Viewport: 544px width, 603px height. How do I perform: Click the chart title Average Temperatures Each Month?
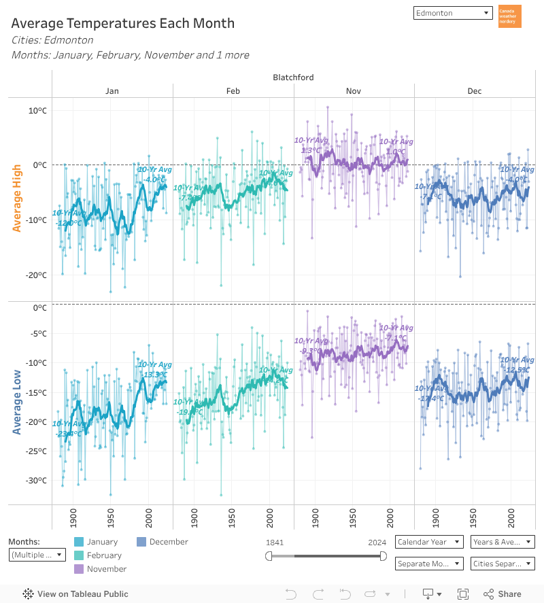pos(123,23)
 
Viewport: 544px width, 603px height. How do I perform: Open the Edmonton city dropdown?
pos(452,13)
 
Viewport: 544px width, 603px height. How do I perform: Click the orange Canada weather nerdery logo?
pos(509,16)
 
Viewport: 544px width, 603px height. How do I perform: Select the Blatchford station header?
pos(293,77)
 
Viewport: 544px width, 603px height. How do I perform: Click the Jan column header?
pos(112,90)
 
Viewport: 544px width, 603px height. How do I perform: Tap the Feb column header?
pos(233,90)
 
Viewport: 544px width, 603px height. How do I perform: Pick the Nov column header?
pos(354,90)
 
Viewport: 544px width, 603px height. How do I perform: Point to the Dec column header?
pos(475,90)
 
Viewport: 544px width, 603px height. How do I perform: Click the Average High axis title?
pos(17,198)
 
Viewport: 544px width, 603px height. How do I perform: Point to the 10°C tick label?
pos(37,110)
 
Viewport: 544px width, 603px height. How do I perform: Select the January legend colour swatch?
pos(79,542)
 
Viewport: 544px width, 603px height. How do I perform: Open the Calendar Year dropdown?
pos(429,542)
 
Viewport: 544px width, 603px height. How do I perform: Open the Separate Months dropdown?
pos(429,564)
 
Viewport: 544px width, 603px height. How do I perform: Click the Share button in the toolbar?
pos(503,594)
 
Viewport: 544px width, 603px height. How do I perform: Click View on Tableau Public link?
pos(76,594)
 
